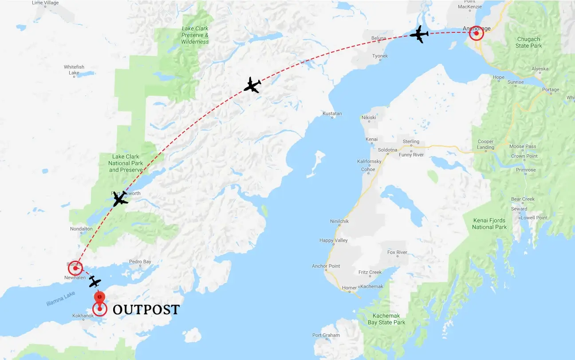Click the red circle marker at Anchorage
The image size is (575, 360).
pyautogui.click(x=476, y=33)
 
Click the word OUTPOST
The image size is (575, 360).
pyautogui.click(x=146, y=309)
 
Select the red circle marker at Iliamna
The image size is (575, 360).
pyautogui.click(x=75, y=268)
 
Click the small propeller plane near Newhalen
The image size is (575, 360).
pyautogui.click(x=95, y=281)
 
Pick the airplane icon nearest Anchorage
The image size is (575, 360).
pyautogui.click(x=419, y=34)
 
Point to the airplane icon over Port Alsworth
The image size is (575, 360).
pyautogui.click(x=120, y=199)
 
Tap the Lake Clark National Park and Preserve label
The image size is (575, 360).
pyautogui.click(x=126, y=163)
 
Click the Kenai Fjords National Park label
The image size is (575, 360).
pyautogui.click(x=489, y=223)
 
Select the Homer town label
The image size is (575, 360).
pyautogui.click(x=349, y=288)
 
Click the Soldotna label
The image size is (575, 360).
pyautogui.click(x=387, y=150)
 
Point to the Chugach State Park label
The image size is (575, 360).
pyautogui.click(x=528, y=43)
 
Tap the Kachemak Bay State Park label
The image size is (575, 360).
pyautogui.click(x=386, y=319)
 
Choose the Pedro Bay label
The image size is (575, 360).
pyautogui.click(x=140, y=262)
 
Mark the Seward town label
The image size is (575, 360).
pyautogui.click(x=519, y=209)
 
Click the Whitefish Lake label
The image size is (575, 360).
pyautogui.click(x=74, y=70)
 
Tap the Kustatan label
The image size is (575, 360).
pyautogui.click(x=332, y=113)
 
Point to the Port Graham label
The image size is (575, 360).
pyautogui.click(x=326, y=335)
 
